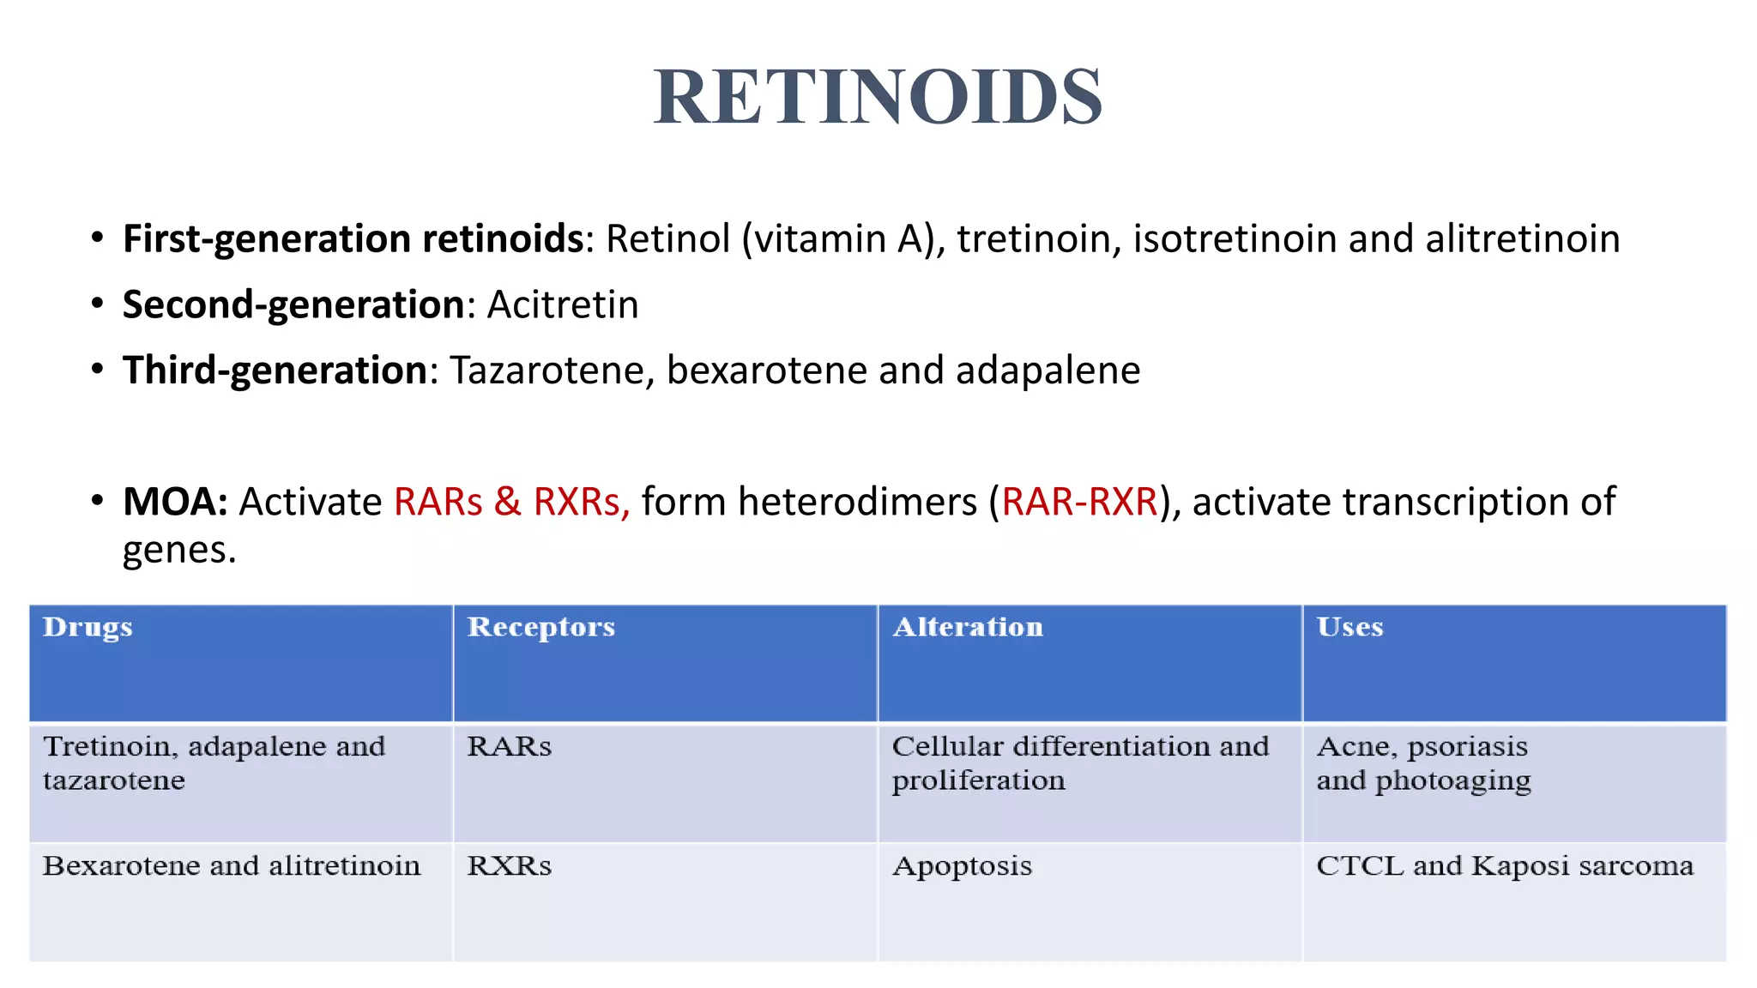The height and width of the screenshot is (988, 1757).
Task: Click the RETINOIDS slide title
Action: point(878,96)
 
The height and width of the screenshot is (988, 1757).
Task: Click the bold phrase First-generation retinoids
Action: point(353,238)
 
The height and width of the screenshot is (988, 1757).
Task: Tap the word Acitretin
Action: point(563,304)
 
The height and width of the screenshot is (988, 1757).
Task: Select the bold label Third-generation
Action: point(275,370)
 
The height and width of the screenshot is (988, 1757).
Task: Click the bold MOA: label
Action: point(175,502)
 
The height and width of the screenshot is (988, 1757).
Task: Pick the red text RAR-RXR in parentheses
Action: point(1079,502)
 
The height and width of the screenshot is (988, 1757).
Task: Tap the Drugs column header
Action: point(88,627)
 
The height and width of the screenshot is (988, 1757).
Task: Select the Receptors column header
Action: point(540,627)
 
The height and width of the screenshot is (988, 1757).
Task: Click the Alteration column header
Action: point(968,627)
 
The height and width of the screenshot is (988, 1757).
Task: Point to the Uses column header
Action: point(1349,627)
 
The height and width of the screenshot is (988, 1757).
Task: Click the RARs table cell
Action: point(509,746)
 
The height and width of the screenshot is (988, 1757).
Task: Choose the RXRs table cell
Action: point(509,865)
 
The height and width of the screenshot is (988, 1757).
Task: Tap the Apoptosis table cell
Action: point(962,865)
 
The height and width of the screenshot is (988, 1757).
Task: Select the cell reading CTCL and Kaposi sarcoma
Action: point(1505,865)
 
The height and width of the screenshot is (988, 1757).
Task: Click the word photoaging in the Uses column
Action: point(1452,781)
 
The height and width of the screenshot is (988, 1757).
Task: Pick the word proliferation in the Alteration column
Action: point(978,780)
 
